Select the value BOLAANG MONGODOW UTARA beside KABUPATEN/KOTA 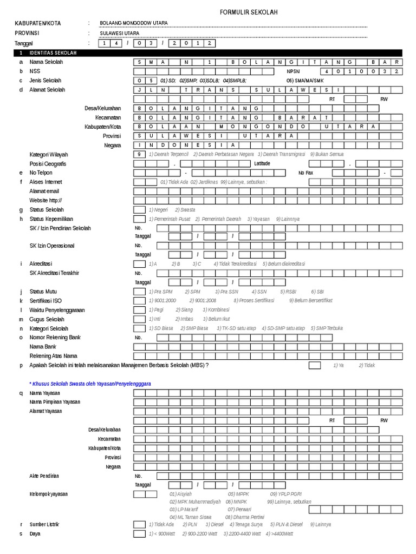[x=134, y=23]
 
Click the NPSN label [x=292, y=71]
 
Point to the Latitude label [x=262, y=163]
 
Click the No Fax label [x=305, y=173]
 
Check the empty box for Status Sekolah [x=139, y=209]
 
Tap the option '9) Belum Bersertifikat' [x=310, y=300]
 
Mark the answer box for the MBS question [x=314, y=365]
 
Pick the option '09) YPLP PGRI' [x=285, y=494]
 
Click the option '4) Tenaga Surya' [x=246, y=525]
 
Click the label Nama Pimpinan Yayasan [x=55, y=402]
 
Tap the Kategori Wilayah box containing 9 [x=139, y=154]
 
